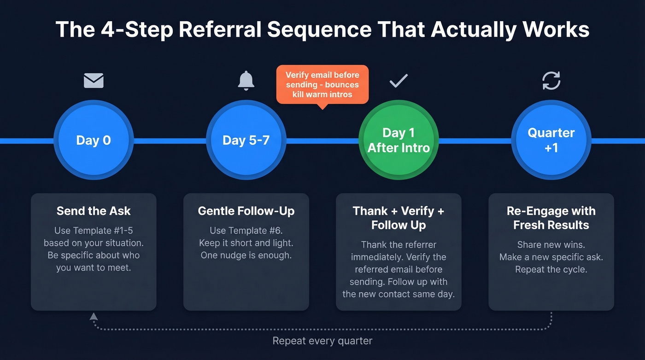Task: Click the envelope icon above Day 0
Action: (94, 81)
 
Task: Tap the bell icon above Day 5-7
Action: (246, 81)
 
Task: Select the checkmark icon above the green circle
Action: (399, 81)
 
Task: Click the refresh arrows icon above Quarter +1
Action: (551, 81)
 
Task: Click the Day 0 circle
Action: (94, 140)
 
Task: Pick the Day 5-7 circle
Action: (246, 140)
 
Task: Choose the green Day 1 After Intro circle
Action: (399, 140)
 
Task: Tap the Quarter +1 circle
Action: (551, 140)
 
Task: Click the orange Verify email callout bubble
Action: (322, 84)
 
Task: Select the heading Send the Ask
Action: (94, 211)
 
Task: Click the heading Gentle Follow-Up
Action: (246, 211)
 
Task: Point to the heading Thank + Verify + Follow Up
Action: (399, 218)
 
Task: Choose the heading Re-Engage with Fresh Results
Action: (551, 218)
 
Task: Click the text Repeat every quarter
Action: (322, 341)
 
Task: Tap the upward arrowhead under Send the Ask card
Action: (94, 316)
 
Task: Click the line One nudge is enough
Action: (246, 255)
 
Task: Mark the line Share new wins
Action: (551, 245)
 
